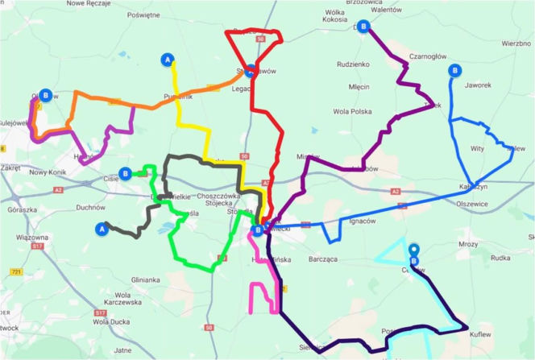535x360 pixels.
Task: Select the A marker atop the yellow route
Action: (168, 59)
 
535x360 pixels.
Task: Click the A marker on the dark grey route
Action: (102, 228)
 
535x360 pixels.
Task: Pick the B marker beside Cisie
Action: (125, 172)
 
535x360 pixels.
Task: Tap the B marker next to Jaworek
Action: (455, 71)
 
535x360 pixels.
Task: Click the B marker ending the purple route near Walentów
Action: (364, 27)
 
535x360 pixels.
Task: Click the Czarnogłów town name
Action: (428, 56)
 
